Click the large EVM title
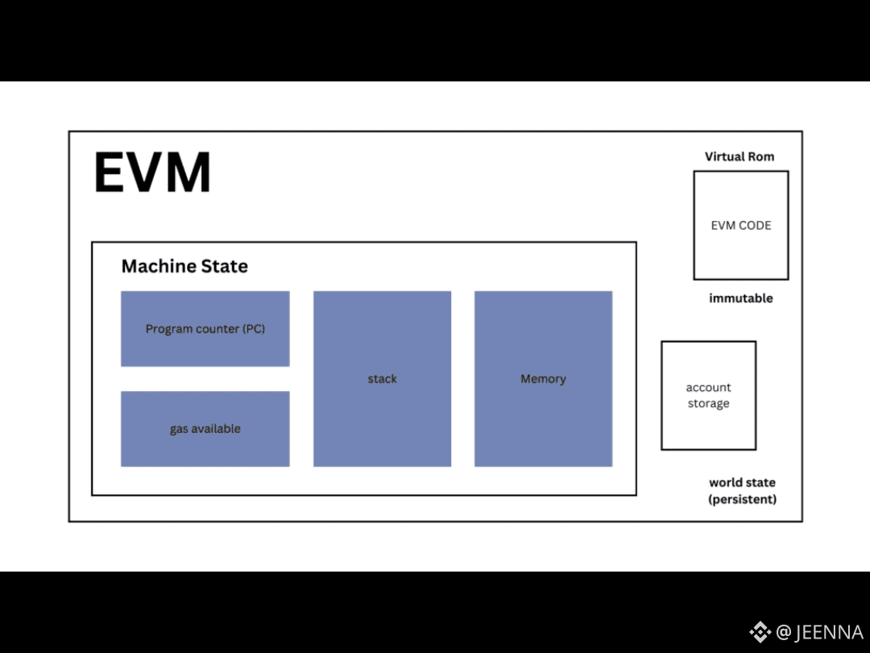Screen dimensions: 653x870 152,173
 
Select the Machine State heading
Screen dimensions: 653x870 184,266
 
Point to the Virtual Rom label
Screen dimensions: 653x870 739,156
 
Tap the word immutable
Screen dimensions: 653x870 741,298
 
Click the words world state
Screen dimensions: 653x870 742,483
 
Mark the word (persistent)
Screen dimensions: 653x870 742,499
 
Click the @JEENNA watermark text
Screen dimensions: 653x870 819,632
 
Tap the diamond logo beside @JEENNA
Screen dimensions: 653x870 760,632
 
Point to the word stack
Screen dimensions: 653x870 382,379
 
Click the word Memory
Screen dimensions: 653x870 543,379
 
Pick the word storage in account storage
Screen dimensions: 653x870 709,404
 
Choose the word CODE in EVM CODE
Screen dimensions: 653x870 755,226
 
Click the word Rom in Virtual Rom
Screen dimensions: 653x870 760,156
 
